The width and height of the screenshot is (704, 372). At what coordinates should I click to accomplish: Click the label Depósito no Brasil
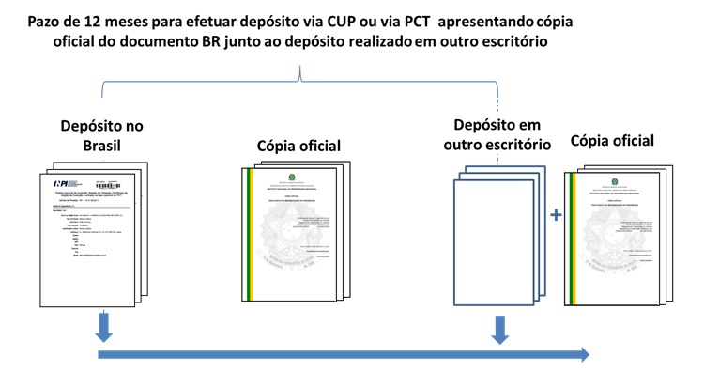coord(101,136)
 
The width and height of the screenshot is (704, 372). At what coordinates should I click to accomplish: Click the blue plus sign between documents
coord(556,215)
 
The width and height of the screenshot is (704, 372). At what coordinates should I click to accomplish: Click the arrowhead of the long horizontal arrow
coord(584,354)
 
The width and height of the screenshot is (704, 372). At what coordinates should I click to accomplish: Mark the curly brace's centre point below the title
coord(299,73)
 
